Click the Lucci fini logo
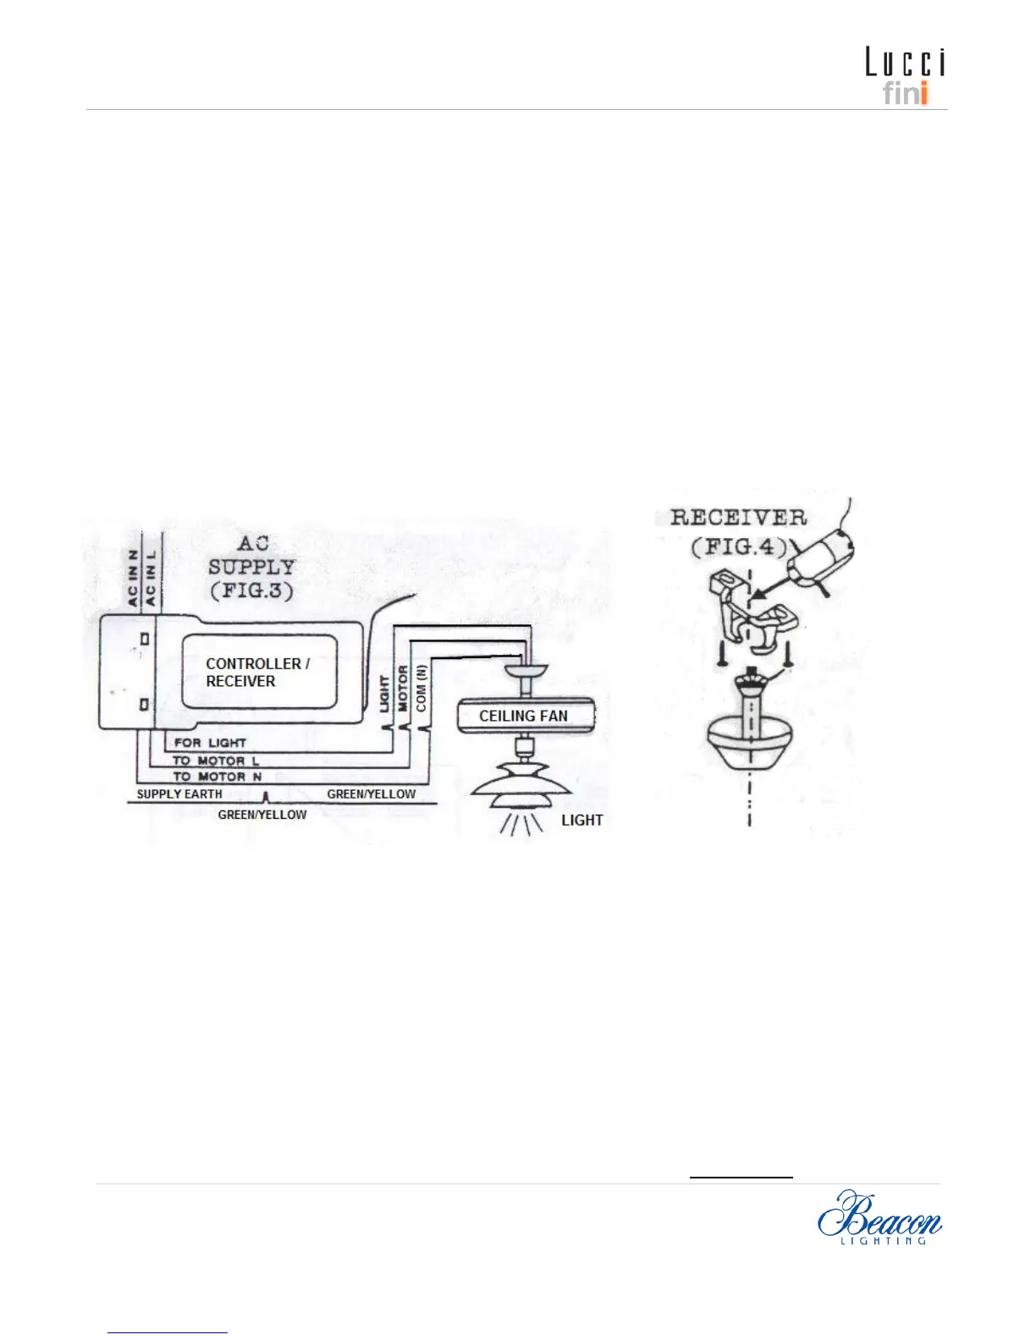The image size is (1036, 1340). [904, 76]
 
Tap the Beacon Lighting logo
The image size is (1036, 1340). [879, 1217]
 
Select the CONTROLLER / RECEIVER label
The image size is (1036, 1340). [257, 673]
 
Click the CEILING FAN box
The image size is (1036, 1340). [524, 716]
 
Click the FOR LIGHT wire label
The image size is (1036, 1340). [210, 743]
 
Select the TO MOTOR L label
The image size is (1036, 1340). [216, 761]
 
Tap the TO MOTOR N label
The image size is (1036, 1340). [217, 777]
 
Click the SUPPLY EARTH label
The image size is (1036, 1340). [179, 794]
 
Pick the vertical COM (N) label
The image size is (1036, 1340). [422, 687]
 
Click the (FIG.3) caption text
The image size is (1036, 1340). [251, 590]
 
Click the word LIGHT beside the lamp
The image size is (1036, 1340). [582, 820]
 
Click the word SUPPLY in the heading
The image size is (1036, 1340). [251, 567]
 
